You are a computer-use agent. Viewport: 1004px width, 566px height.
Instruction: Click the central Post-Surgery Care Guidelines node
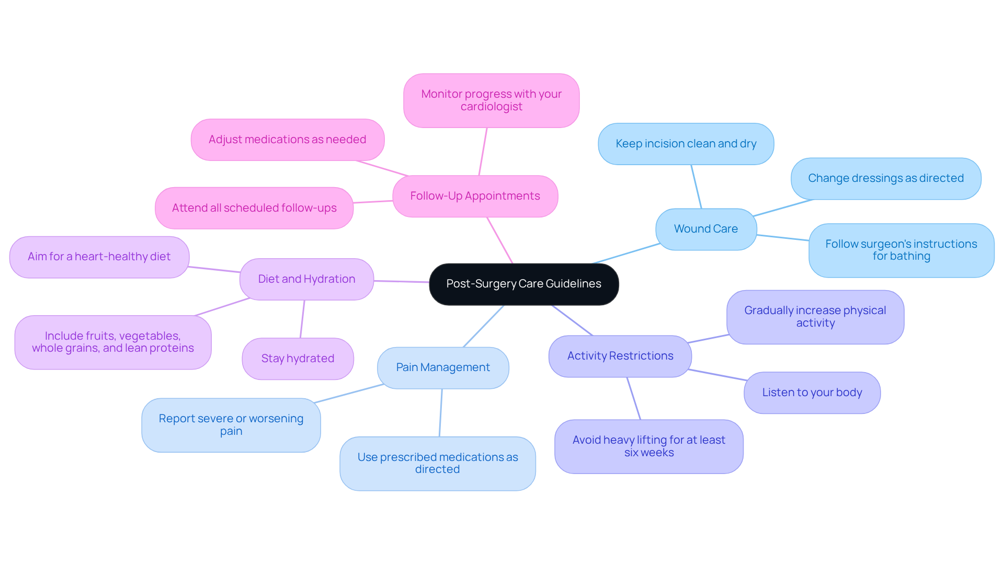click(x=523, y=284)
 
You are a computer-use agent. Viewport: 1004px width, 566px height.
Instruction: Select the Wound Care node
click(x=705, y=229)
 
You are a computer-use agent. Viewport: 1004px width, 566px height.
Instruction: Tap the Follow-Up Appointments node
click(x=475, y=196)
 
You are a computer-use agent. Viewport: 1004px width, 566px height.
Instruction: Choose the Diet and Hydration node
click(x=306, y=279)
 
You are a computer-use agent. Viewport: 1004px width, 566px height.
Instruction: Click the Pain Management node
click(x=443, y=367)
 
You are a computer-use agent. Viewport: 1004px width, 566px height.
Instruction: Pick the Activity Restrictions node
click(x=620, y=356)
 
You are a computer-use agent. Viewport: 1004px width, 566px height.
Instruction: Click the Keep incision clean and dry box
click(x=686, y=144)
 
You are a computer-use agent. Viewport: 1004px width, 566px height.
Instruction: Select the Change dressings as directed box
click(x=885, y=178)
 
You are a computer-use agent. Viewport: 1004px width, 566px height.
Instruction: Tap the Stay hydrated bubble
click(x=298, y=359)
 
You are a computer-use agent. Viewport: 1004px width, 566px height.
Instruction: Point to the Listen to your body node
click(x=812, y=392)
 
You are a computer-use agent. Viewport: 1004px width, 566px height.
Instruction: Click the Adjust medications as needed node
click(x=287, y=140)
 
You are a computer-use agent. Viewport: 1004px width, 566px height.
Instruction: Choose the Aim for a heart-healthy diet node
click(x=99, y=257)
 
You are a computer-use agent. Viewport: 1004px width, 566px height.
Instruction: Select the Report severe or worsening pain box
click(x=231, y=425)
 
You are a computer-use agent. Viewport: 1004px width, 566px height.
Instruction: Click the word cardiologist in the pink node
click(x=491, y=107)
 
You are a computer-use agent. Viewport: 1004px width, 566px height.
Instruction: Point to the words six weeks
click(x=648, y=453)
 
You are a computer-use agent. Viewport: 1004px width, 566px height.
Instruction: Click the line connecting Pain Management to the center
click(x=484, y=326)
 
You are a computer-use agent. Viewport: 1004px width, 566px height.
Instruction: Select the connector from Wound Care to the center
click(x=626, y=253)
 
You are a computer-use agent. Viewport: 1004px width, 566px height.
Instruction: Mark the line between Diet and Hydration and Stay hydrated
click(x=302, y=319)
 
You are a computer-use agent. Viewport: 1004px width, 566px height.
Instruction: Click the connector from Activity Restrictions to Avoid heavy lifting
click(x=634, y=398)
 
